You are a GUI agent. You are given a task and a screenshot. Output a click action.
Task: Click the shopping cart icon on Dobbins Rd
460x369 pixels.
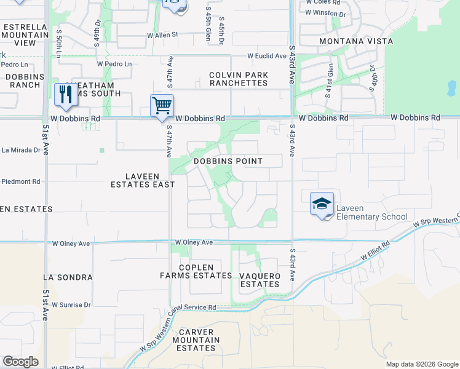(162, 105)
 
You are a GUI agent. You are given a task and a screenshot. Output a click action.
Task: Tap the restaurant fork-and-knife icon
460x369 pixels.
(65, 94)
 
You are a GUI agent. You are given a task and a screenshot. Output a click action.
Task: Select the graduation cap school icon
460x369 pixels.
(322, 204)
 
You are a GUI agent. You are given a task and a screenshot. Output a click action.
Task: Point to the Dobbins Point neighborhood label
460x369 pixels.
(228, 161)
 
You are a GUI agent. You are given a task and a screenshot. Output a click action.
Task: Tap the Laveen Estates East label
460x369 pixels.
(142, 179)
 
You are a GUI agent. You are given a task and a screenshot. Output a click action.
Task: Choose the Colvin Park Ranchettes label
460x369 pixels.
(238, 79)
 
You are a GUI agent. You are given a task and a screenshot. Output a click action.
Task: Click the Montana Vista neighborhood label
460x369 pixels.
(355, 41)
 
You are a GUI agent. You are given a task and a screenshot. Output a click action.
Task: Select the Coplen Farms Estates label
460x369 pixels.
(196, 271)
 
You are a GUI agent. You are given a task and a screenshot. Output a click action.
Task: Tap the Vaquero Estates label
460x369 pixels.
(260, 280)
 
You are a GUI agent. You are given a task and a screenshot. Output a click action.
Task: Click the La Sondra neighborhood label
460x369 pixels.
(68, 277)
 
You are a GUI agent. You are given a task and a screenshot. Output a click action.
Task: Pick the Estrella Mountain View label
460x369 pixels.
(25, 35)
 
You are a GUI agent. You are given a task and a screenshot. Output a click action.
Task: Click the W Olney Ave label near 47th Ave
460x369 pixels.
(194, 243)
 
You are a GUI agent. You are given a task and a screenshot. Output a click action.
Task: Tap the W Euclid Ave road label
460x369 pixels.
(267, 56)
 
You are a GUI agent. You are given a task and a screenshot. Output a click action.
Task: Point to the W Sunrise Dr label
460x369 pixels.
(71, 304)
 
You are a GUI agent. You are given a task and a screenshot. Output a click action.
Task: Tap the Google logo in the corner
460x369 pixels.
(20, 362)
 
